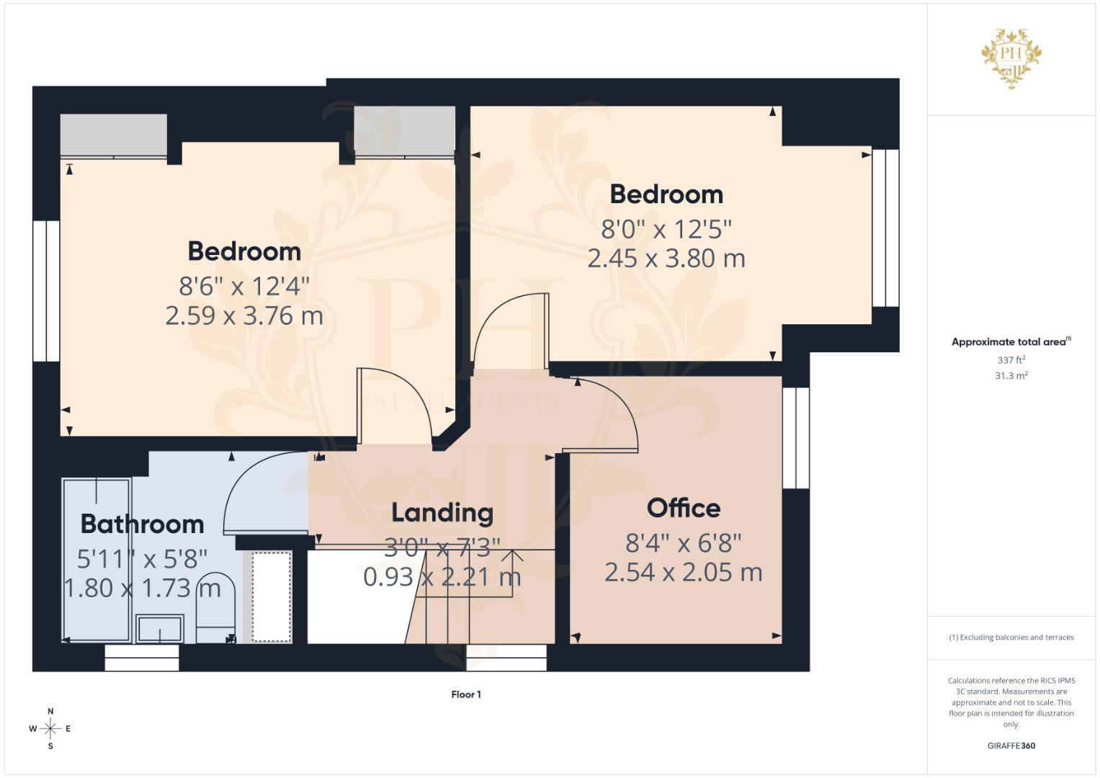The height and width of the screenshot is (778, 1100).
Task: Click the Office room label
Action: [683, 508]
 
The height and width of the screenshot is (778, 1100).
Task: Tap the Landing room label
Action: [442, 513]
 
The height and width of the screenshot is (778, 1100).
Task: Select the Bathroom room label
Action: [142, 524]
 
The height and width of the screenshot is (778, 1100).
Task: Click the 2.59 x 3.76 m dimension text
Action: [244, 316]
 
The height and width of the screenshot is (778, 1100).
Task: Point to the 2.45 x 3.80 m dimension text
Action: [666, 259]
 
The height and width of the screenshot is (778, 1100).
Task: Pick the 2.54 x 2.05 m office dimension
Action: [683, 573]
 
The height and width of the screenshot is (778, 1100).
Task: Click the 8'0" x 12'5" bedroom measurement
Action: [666, 229]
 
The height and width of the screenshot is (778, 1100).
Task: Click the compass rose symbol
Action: [50, 728]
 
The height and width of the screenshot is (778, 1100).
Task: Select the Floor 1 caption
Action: [466, 694]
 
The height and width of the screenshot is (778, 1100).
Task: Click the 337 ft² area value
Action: [1011, 360]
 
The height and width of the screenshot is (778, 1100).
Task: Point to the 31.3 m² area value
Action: [1011, 376]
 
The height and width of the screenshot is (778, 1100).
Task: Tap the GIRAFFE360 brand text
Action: [1011, 746]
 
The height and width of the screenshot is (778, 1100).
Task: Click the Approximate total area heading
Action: [1011, 342]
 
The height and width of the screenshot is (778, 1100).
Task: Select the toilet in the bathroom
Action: [215, 607]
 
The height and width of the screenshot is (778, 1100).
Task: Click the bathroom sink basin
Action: [160, 628]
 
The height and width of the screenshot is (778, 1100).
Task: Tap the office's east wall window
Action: [795, 438]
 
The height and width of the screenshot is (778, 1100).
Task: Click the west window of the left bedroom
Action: [46, 291]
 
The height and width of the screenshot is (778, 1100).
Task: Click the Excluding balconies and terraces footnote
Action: [1011, 638]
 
